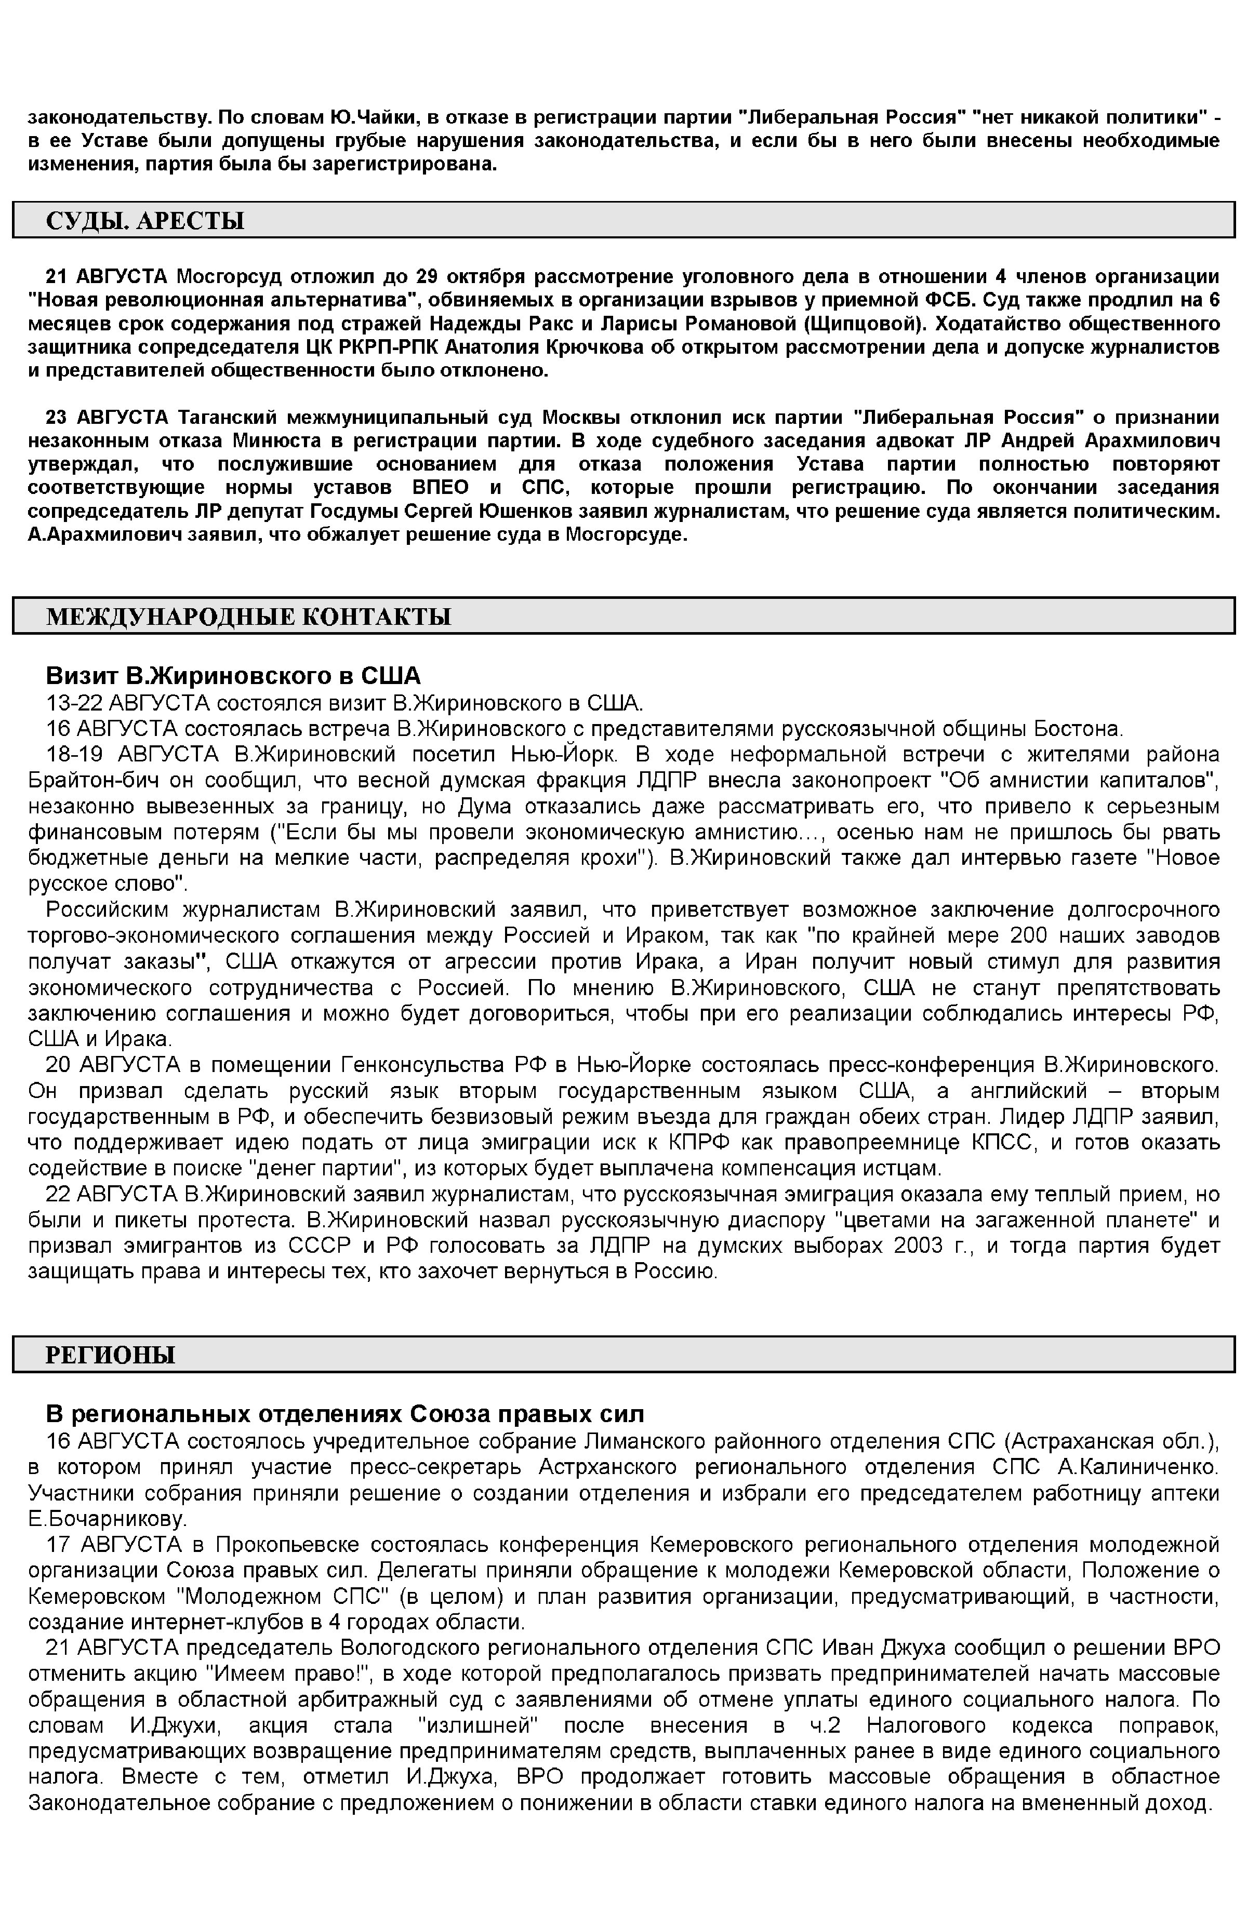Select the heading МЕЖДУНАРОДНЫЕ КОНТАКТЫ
tap(248, 617)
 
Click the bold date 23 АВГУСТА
tap(106, 418)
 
